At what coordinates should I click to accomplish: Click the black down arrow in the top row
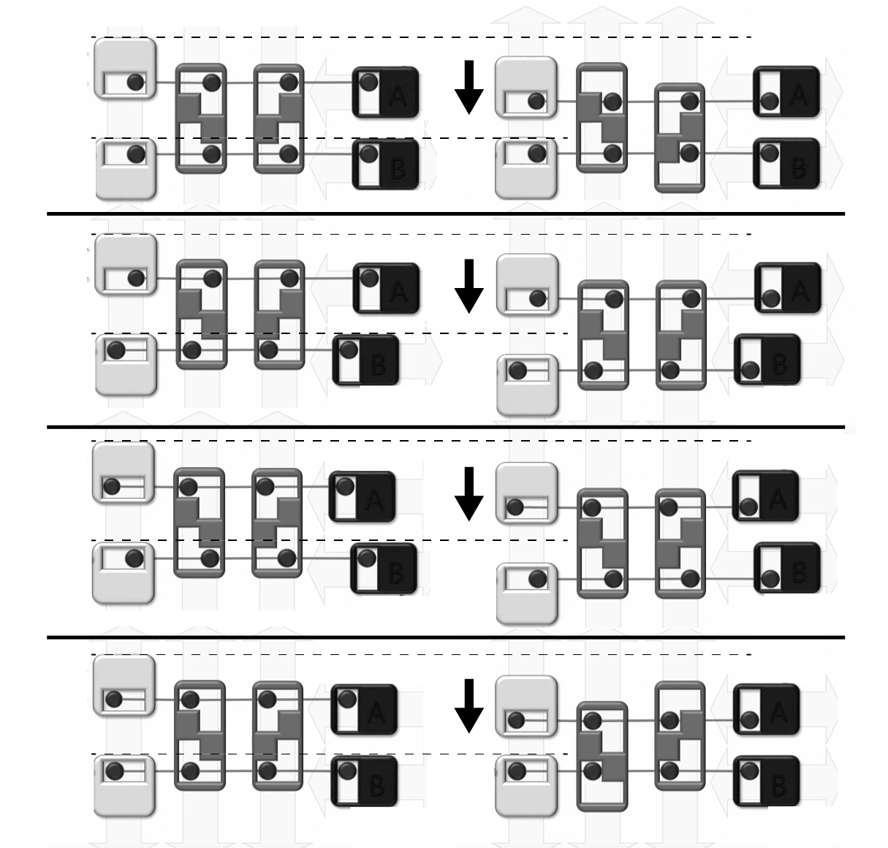point(468,88)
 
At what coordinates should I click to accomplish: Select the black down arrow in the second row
point(468,286)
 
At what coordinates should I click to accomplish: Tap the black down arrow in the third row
point(468,493)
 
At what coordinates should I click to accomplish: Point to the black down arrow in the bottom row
point(468,705)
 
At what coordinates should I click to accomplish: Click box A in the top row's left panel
point(386,92)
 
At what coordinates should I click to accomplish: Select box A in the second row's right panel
point(788,288)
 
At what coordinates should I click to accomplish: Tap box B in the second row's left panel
point(365,359)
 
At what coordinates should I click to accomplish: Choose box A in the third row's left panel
point(363,497)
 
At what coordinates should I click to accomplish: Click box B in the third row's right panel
point(787,568)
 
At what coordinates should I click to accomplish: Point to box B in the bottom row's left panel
point(365,781)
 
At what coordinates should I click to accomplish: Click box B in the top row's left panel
point(386,164)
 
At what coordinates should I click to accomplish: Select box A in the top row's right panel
point(786,92)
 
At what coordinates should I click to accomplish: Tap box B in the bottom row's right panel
point(766,781)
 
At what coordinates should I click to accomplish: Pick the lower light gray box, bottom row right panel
point(526,787)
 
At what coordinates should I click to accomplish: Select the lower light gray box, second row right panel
point(528,385)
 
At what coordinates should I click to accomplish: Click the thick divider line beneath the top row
point(446,213)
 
